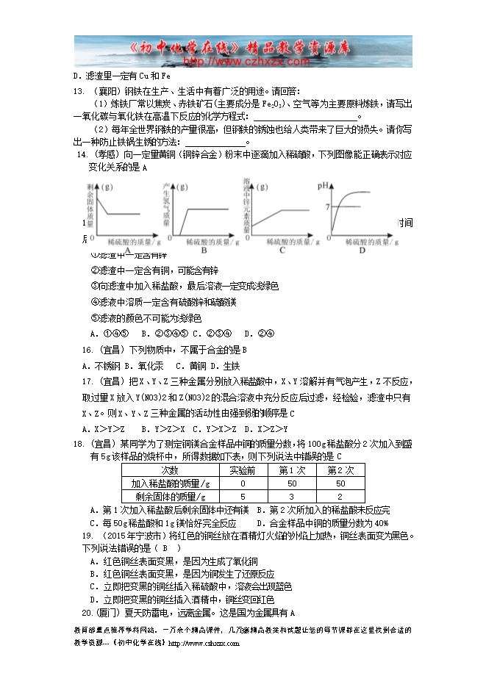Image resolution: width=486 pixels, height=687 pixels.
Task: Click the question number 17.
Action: [87, 381]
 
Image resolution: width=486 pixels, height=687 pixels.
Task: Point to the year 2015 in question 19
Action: [122, 536]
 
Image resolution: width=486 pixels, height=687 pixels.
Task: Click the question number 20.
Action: [87, 612]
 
